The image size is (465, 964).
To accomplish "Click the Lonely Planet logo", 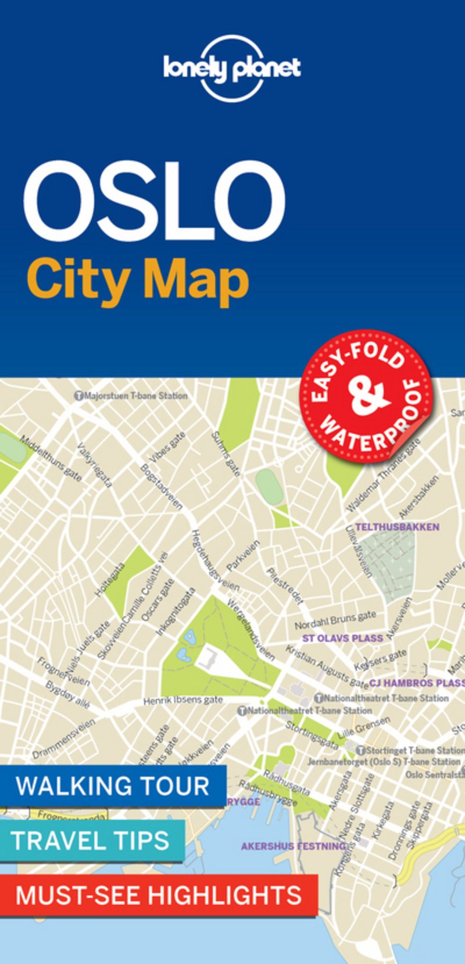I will pyautogui.click(x=232, y=69).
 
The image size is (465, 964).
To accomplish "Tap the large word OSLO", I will pyautogui.click(x=154, y=201).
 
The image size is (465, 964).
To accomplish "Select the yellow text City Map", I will pyautogui.click(x=138, y=281).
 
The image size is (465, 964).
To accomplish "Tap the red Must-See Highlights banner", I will pyautogui.click(x=159, y=895).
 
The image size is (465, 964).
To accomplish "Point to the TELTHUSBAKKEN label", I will pyautogui.click(x=397, y=527).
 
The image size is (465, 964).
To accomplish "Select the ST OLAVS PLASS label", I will pyautogui.click(x=342, y=638).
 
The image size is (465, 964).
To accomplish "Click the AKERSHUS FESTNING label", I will pyautogui.click(x=294, y=846).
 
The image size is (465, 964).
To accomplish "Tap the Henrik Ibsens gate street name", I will pyautogui.click(x=183, y=700).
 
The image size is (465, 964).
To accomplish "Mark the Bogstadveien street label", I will pyautogui.click(x=162, y=487).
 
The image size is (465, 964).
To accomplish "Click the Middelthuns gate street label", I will pyautogui.click(x=51, y=458).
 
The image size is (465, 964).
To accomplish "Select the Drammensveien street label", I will pyautogui.click(x=63, y=738).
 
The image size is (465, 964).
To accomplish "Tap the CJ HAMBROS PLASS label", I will pyautogui.click(x=416, y=683).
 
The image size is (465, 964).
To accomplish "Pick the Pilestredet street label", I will pyautogui.click(x=285, y=586).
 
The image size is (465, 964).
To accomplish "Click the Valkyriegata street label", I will pyautogui.click(x=94, y=465).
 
